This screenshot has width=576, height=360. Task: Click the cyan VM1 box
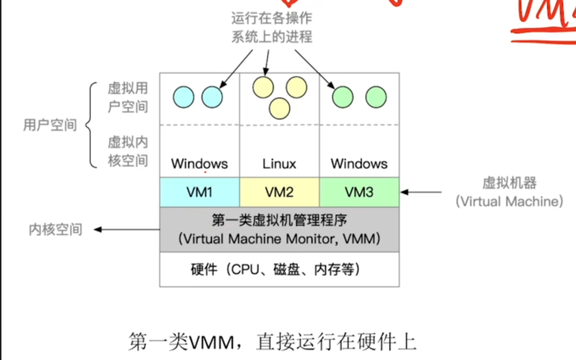[200, 192]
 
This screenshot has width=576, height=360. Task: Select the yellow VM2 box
[279, 192]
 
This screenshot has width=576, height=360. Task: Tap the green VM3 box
[359, 192]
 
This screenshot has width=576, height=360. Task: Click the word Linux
[279, 164]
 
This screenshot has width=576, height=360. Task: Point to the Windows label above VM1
[200, 164]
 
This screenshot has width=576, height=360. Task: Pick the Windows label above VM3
[359, 164]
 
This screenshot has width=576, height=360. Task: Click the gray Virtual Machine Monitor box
[279, 229]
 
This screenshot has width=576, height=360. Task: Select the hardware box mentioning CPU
[279, 269]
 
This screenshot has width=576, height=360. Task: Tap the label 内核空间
[55, 229]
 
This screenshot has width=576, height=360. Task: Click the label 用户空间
[50, 125]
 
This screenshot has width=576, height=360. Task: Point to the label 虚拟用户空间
[128, 97]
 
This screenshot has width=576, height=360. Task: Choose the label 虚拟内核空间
[128, 151]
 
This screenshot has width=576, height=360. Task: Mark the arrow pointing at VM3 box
[422, 192]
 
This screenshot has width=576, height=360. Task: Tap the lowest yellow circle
[279, 107]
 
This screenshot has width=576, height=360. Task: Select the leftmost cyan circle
[184, 97]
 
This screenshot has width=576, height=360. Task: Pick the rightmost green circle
[376, 97]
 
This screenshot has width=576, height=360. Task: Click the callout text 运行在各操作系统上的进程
[271, 28]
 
